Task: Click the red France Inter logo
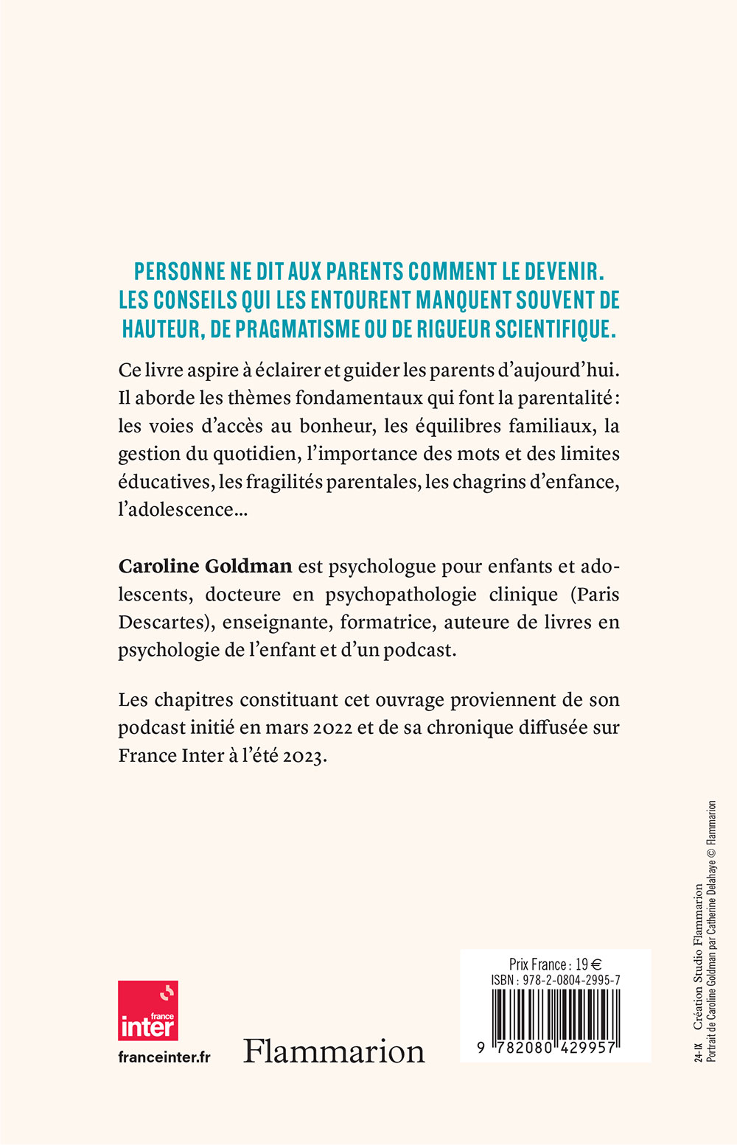click(148, 1010)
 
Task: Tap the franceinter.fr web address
click(164, 1057)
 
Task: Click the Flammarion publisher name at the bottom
click(334, 1051)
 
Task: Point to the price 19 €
click(588, 964)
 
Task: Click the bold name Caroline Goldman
click(205, 567)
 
